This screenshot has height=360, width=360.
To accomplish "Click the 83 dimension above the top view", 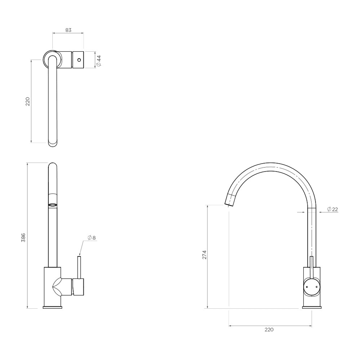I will (68, 30).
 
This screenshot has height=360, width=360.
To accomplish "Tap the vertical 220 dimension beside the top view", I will (28, 101).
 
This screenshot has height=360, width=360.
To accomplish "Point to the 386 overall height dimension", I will (23, 237).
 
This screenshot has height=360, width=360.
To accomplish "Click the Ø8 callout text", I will (92, 238).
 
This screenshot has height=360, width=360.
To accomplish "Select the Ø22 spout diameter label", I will (332, 209).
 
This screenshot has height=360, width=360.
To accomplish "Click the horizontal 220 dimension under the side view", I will (269, 330).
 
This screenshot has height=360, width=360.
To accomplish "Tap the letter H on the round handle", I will (307, 287).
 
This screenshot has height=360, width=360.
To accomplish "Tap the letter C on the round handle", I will (316, 287).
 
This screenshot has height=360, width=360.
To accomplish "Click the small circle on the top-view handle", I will (79, 60).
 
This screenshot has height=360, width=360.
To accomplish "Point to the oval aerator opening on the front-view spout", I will (53, 205).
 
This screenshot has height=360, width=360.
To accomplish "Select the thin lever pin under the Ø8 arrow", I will (79, 267).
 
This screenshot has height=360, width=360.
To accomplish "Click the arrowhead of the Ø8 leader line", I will (80, 255).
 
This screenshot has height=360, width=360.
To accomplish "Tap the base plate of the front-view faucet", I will (53, 307).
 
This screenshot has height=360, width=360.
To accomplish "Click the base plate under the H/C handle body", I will (312, 307).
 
